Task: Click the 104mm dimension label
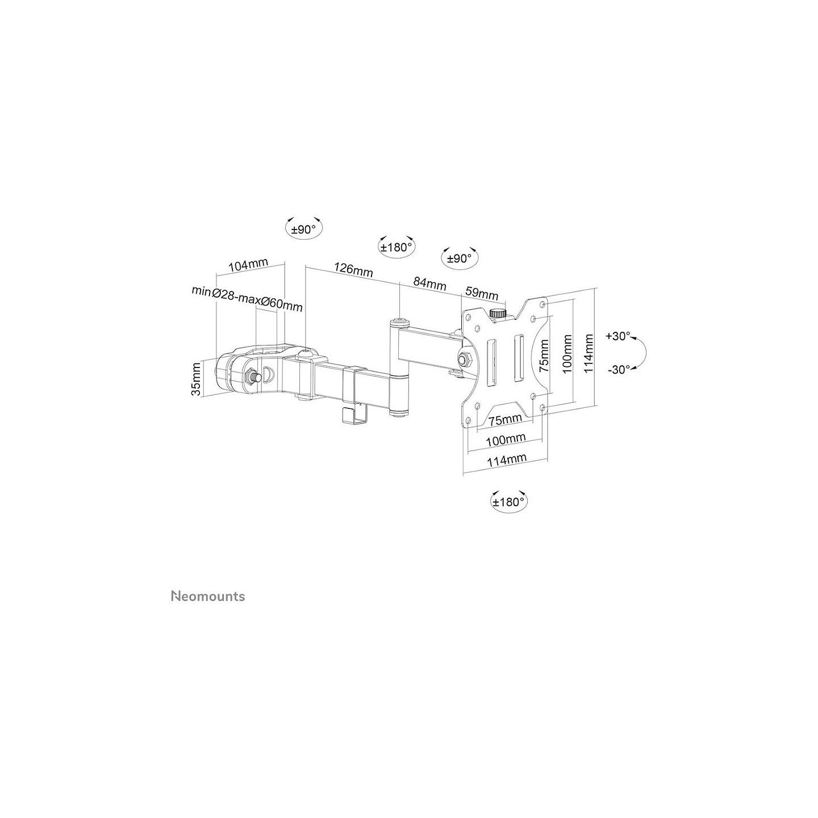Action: click(248, 265)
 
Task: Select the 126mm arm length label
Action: click(353, 270)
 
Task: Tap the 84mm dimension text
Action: click(429, 283)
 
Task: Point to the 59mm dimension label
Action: click(482, 293)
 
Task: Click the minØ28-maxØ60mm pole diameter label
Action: click(247, 298)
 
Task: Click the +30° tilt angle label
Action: click(619, 336)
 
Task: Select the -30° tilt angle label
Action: click(619, 369)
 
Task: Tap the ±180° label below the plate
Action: click(508, 502)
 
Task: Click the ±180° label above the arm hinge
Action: click(396, 247)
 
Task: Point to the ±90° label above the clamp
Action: click(303, 229)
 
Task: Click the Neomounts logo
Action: click(207, 596)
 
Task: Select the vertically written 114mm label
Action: click(589, 353)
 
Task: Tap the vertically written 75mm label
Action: click(544, 356)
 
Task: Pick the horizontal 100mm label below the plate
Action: click(506, 439)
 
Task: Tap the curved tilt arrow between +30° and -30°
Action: click(645, 353)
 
